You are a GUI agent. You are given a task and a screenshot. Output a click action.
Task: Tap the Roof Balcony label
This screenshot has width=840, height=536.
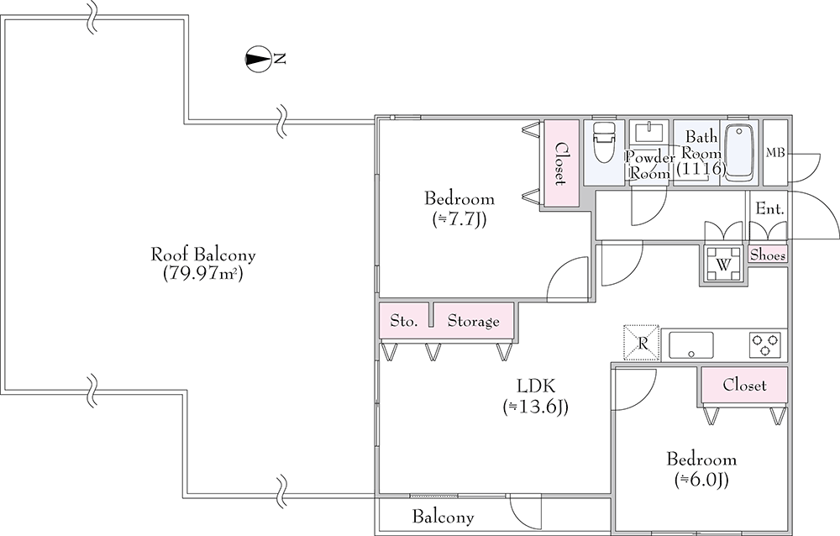(x=202, y=254)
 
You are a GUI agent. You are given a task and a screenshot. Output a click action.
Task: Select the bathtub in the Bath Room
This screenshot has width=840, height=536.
(x=740, y=152)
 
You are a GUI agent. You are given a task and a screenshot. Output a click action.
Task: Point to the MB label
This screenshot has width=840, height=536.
(x=775, y=152)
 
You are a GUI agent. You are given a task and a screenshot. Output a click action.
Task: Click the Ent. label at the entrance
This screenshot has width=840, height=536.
(x=769, y=208)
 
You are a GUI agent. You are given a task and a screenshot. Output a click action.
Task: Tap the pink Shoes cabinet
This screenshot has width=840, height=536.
(x=768, y=254)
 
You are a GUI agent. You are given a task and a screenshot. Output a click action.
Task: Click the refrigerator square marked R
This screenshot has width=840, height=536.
(x=642, y=343)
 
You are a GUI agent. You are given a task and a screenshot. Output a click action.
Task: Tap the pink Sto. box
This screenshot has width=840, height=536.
(x=404, y=321)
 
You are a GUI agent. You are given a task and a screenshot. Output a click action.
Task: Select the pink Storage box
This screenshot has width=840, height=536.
(x=473, y=321)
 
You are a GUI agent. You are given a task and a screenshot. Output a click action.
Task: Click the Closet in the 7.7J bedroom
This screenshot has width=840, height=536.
(x=559, y=164)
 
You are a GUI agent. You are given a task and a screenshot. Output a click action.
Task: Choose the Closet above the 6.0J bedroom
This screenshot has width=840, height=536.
(x=745, y=386)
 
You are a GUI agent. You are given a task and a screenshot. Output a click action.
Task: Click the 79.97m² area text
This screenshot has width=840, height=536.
(x=202, y=274)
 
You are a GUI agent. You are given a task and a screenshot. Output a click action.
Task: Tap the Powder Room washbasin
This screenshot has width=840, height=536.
(x=648, y=134)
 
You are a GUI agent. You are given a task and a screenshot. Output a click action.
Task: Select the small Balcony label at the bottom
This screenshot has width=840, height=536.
(x=443, y=518)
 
